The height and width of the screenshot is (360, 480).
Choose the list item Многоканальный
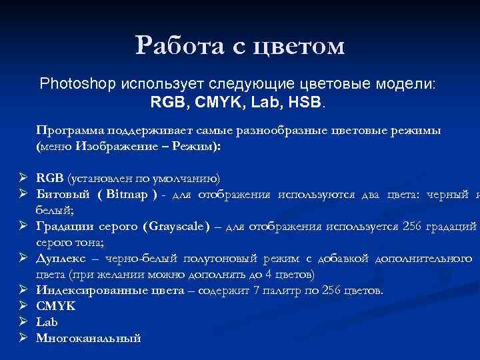tap(88, 339)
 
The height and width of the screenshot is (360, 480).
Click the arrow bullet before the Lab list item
tap(22, 323)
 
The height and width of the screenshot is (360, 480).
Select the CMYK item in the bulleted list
tap(55, 307)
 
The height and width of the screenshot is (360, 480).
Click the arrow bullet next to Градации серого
tap(22, 227)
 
